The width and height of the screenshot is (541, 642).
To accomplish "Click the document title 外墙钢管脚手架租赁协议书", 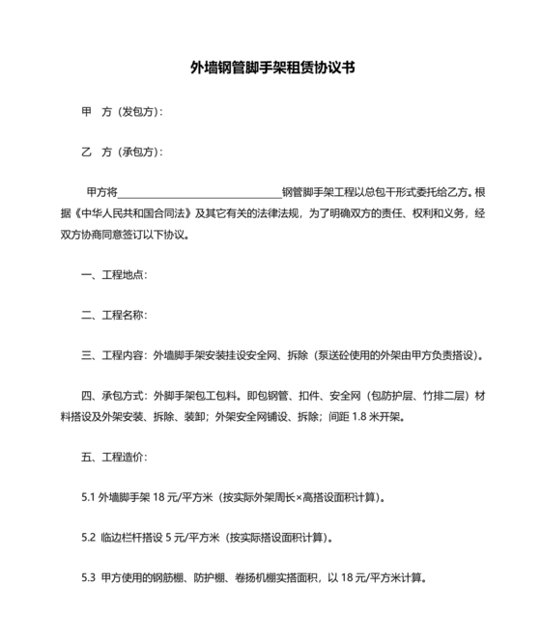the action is click(x=270, y=69).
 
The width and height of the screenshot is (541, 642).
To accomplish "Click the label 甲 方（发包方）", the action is click(x=122, y=112).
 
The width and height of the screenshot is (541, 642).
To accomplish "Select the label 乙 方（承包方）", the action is click(x=122, y=153).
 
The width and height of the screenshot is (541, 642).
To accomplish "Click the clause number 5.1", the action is click(x=89, y=498).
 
